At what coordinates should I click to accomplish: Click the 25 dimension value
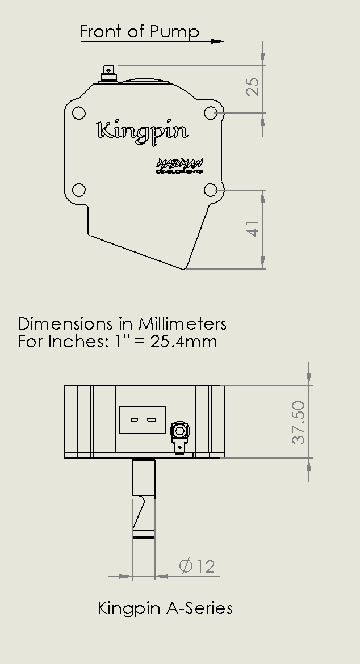253,87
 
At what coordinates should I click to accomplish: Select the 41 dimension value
253,229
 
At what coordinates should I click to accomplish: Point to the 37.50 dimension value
299,422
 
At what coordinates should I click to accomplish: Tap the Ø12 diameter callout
197,566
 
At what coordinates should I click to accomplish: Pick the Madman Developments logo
179,166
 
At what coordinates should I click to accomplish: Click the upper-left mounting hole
79,113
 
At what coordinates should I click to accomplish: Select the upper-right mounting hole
211,113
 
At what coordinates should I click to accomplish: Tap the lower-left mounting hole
79,190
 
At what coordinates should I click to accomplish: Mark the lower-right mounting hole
211,190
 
